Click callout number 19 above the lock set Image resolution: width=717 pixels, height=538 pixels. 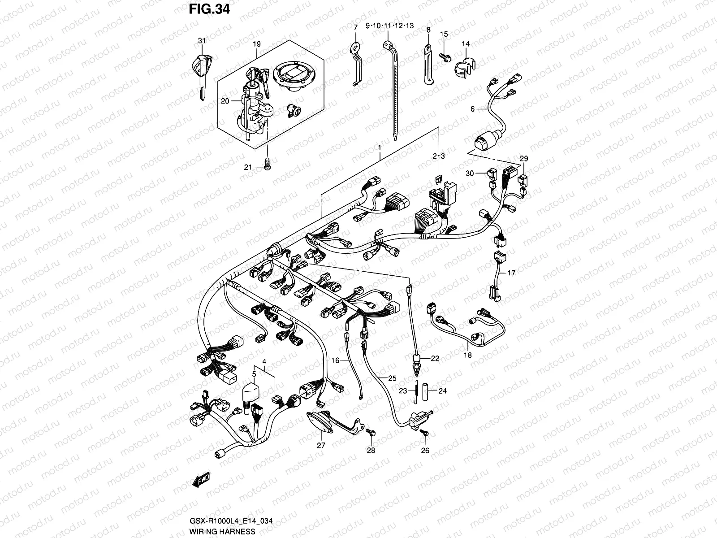[256, 44]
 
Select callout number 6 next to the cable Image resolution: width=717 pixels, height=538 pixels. [472, 108]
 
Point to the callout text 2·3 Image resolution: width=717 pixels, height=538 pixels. [438, 156]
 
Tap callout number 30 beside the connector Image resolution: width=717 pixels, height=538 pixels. [469, 174]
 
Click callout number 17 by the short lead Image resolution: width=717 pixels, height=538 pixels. [511, 272]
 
